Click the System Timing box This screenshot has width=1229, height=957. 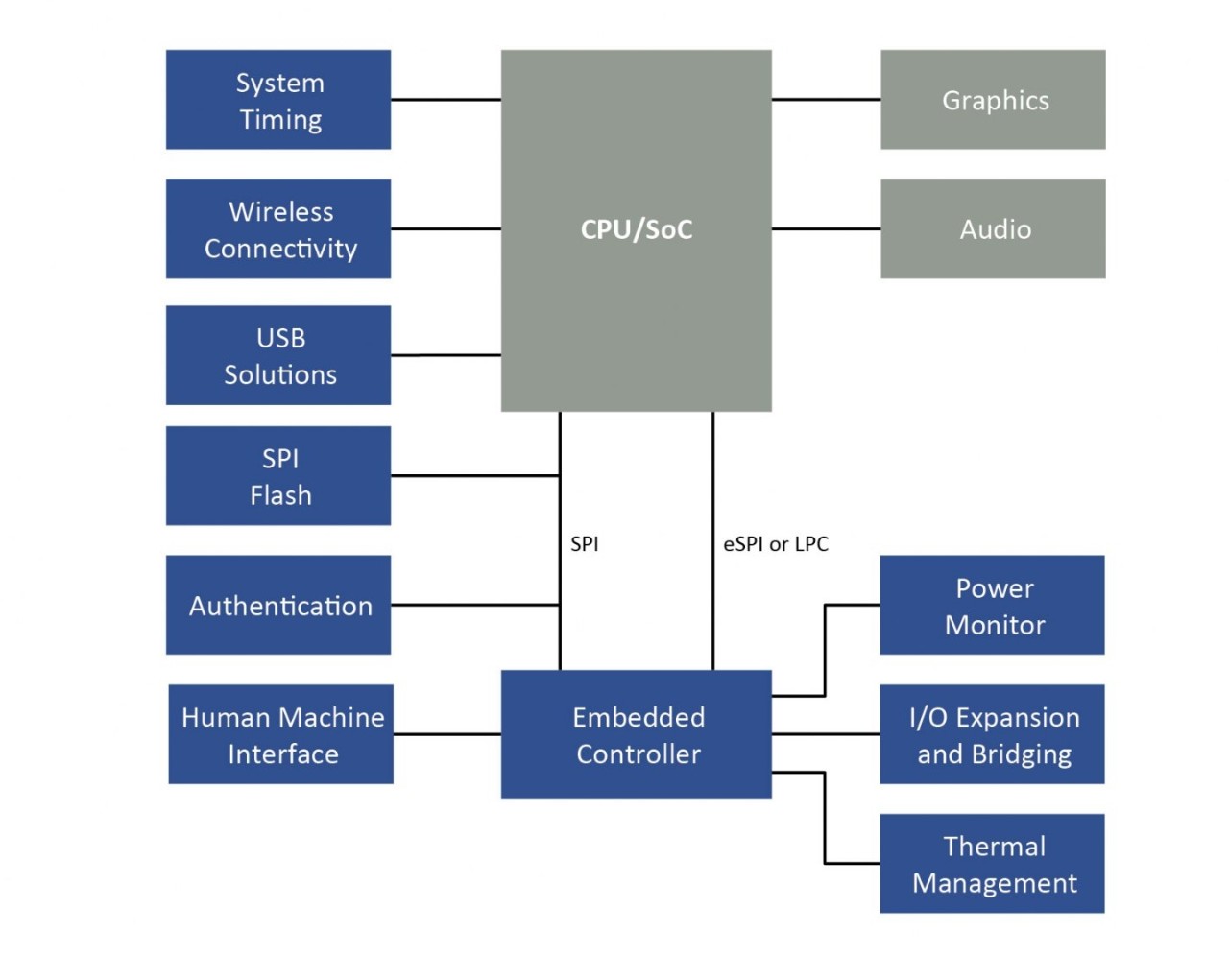click(x=278, y=100)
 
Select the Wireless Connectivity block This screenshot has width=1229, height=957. click(x=278, y=228)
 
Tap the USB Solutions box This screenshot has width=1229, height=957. click(x=278, y=355)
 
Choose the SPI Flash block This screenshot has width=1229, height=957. click(x=278, y=476)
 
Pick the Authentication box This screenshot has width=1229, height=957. click(x=278, y=605)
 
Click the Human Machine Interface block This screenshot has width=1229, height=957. click(x=281, y=734)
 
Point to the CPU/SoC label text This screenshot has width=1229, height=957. click(x=636, y=229)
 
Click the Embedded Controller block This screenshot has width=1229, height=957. click(x=636, y=734)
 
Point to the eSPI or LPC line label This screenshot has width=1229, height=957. click(x=776, y=544)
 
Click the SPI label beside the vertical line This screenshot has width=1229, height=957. click(x=584, y=544)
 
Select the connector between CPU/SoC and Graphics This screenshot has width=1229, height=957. click(x=826, y=99)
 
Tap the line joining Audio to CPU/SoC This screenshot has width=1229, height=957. click(x=826, y=228)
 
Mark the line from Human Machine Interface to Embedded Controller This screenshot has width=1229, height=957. click(x=446, y=734)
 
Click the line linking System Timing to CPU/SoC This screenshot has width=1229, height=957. click(x=446, y=99)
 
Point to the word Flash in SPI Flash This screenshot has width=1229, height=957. click(x=280, y=495)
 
